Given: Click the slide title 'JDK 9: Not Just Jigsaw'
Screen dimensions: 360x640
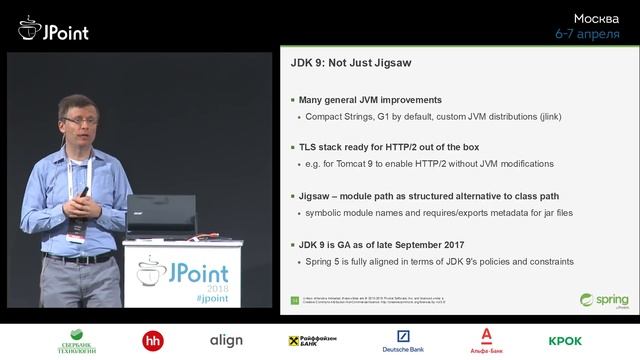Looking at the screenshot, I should click(x=352, y=63).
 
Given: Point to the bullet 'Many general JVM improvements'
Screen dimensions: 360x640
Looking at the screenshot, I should click(x=370, y=100).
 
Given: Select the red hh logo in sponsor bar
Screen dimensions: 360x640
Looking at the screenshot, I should click(x=153, y=341).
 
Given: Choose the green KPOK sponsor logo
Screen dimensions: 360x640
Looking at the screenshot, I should click(x=565, y=341).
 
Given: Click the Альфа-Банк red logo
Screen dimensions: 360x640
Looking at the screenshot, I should click(x=486, y=341).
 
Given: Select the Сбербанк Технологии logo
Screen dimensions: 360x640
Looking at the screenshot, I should click(x=77, y=341).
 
